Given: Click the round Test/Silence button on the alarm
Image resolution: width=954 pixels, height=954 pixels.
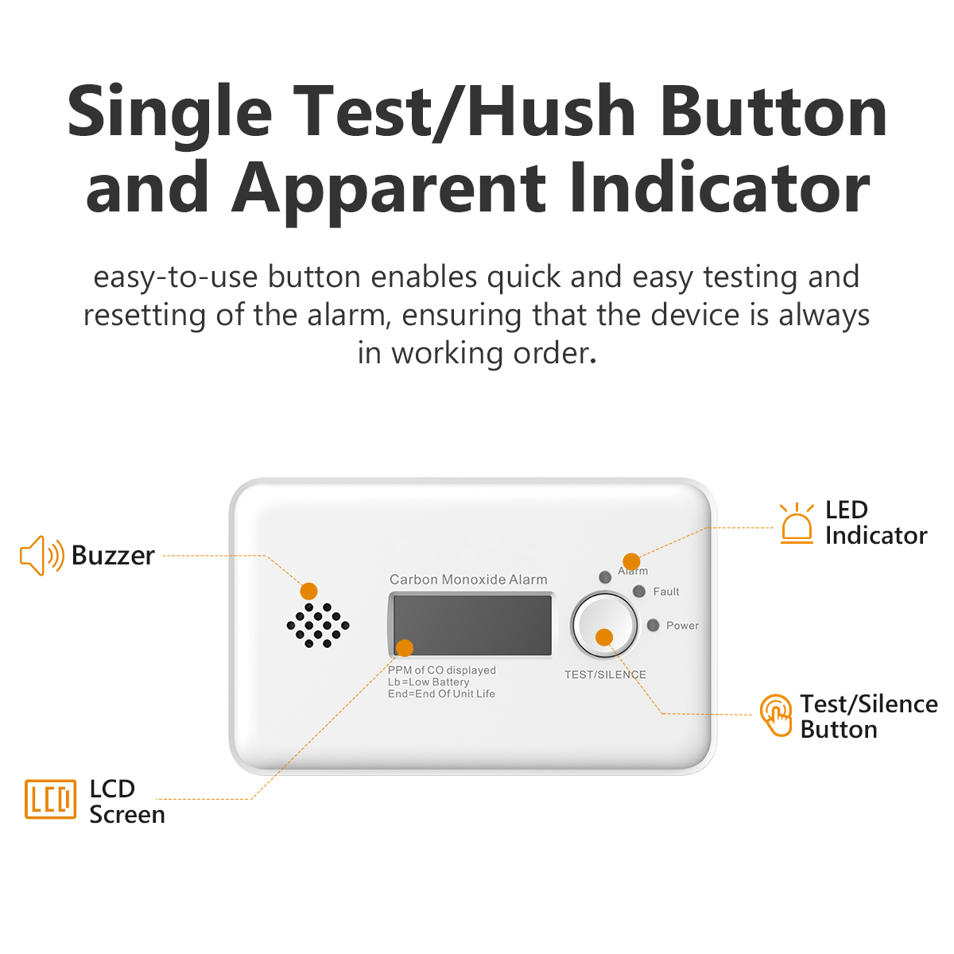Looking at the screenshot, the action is pyautogui.click(x=604, y=625).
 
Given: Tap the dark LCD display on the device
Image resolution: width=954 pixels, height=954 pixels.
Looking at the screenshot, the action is pyautogui.click(x=471, y=625).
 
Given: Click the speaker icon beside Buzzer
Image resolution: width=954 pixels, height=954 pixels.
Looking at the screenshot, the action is pyautogui.click(x=42, y=556).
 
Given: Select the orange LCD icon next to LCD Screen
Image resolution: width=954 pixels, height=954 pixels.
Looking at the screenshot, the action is pyautogui.click(x=51, y=800).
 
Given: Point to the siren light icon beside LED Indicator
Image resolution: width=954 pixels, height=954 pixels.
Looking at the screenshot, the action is pyautogui.click(x=797, y=523).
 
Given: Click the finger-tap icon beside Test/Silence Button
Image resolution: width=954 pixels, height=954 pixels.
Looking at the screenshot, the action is pyautogui.click(x=776, y=715).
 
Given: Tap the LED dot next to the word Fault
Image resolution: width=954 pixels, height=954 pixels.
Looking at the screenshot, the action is pyautogui.click(x=639, y=591).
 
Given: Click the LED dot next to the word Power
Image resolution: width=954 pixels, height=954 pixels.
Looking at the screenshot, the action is pyautogui.click(x=653, y=626).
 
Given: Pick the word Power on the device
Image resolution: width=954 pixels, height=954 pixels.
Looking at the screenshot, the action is pyautogui.click(x=682, y=626).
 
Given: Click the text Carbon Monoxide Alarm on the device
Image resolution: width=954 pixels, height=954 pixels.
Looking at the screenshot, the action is pyautogui.click(x=468, y=580).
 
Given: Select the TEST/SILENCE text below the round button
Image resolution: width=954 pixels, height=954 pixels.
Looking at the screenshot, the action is pyautogui.click(x=605, y=674).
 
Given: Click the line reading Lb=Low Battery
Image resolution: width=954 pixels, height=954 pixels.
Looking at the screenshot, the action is pyautogui.click(x=429, y=681).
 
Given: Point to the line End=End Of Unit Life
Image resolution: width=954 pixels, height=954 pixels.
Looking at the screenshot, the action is pyautogui.click(x=441, y=693).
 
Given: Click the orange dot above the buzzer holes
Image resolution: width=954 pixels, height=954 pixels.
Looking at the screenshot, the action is pyautogui.click(x=308, y=591).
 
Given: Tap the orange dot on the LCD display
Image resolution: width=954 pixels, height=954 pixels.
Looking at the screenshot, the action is pyautogui.click(x=405, y=648).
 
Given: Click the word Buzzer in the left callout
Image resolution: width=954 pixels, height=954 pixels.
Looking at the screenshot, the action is pyautogui.click(x=113, y=556).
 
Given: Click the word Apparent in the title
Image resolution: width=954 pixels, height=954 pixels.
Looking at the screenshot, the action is pyautogui.click(x=389, y=189).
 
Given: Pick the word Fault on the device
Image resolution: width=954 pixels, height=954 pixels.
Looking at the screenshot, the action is pyautogui.click(x=666, y=591).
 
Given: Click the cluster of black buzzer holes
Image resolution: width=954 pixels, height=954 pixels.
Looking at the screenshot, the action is pyautogui.click(x=318, y=625).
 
